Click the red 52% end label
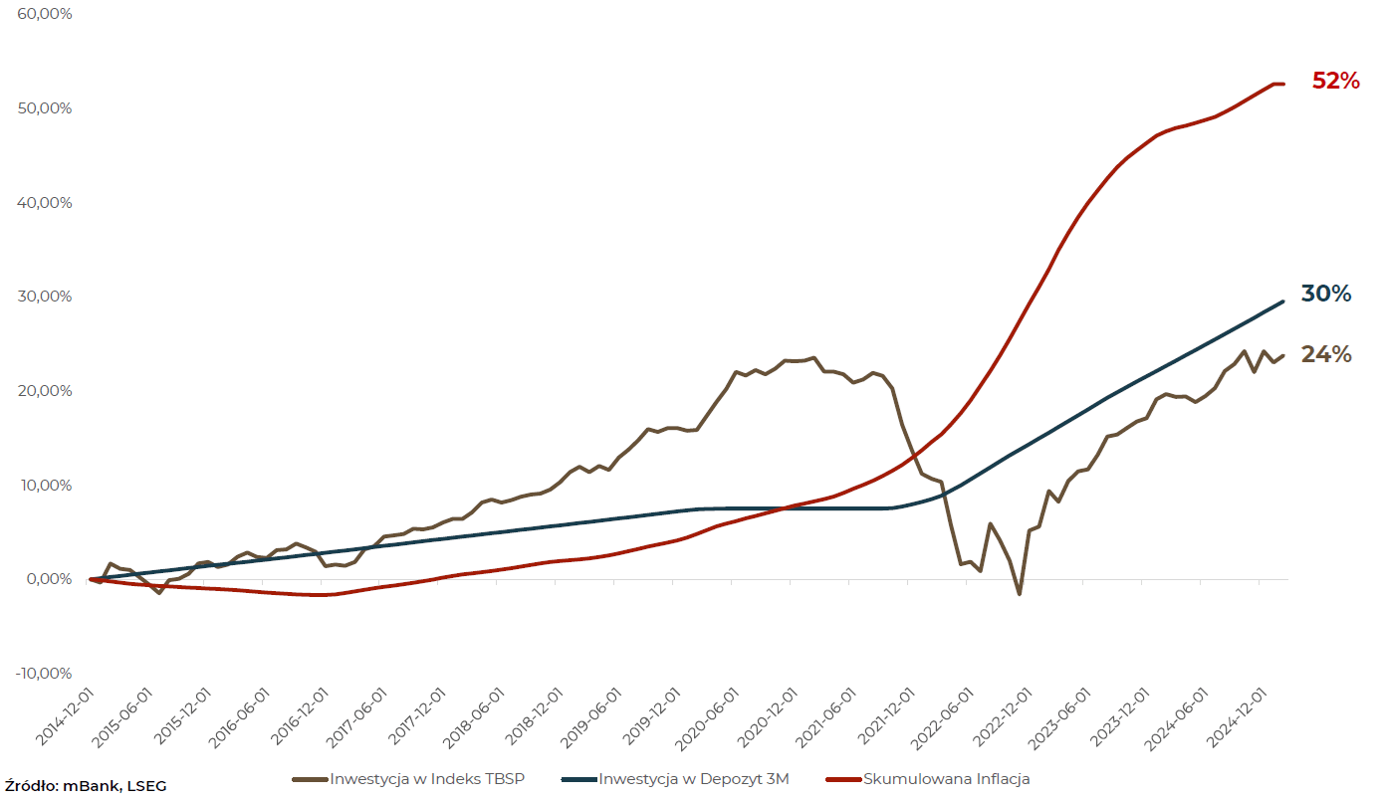tap(1335, 82)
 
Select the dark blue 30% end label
tap(1326, 294)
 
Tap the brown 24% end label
tap(1326, 354)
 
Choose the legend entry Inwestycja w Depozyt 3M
tap(693, 778)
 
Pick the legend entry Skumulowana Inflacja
tap(946, 778)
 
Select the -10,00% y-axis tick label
tap(43, 674)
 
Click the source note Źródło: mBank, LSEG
tap(86, 786)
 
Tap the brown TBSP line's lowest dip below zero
tap(1019, 594)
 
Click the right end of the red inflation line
tap(1283, 84)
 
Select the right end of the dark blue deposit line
tap(1282, 301)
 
